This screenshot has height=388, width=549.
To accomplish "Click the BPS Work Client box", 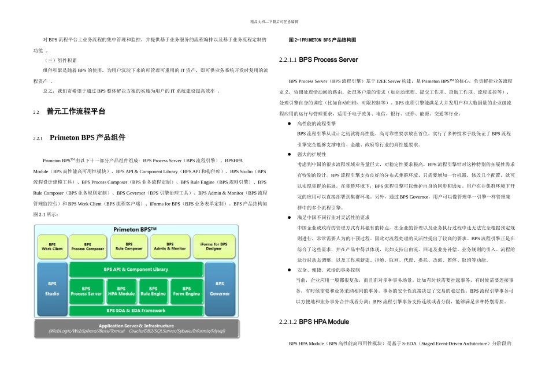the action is coord(52,247).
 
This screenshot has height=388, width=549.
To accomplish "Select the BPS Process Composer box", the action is coord(87,247).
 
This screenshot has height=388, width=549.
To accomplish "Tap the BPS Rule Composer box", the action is coord(129,247).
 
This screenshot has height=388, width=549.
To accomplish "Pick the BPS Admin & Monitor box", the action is coord(170,247).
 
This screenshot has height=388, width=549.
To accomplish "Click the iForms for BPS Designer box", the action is coord(213,247).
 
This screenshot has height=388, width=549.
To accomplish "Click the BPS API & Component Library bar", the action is coord(136,269).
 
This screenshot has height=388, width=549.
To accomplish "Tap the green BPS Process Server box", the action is coord(86,291).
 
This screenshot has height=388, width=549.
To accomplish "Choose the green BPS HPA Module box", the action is coord(121,291).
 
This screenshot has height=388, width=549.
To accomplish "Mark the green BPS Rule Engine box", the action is coord(153,291).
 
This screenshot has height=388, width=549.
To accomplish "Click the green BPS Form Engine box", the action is coord(186,291).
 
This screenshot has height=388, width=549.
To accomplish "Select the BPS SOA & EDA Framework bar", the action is coord(136,311).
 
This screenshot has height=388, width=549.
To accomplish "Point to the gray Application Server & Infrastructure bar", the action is coord(136,328).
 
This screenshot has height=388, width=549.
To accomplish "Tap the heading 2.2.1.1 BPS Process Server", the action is coord(318,59).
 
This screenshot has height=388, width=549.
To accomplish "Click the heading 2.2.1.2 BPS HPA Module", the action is coord(314,321).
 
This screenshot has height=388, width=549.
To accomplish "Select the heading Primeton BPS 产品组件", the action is coord(87,137).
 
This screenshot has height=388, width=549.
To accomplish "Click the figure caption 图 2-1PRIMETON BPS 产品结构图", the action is coord(322,40).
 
